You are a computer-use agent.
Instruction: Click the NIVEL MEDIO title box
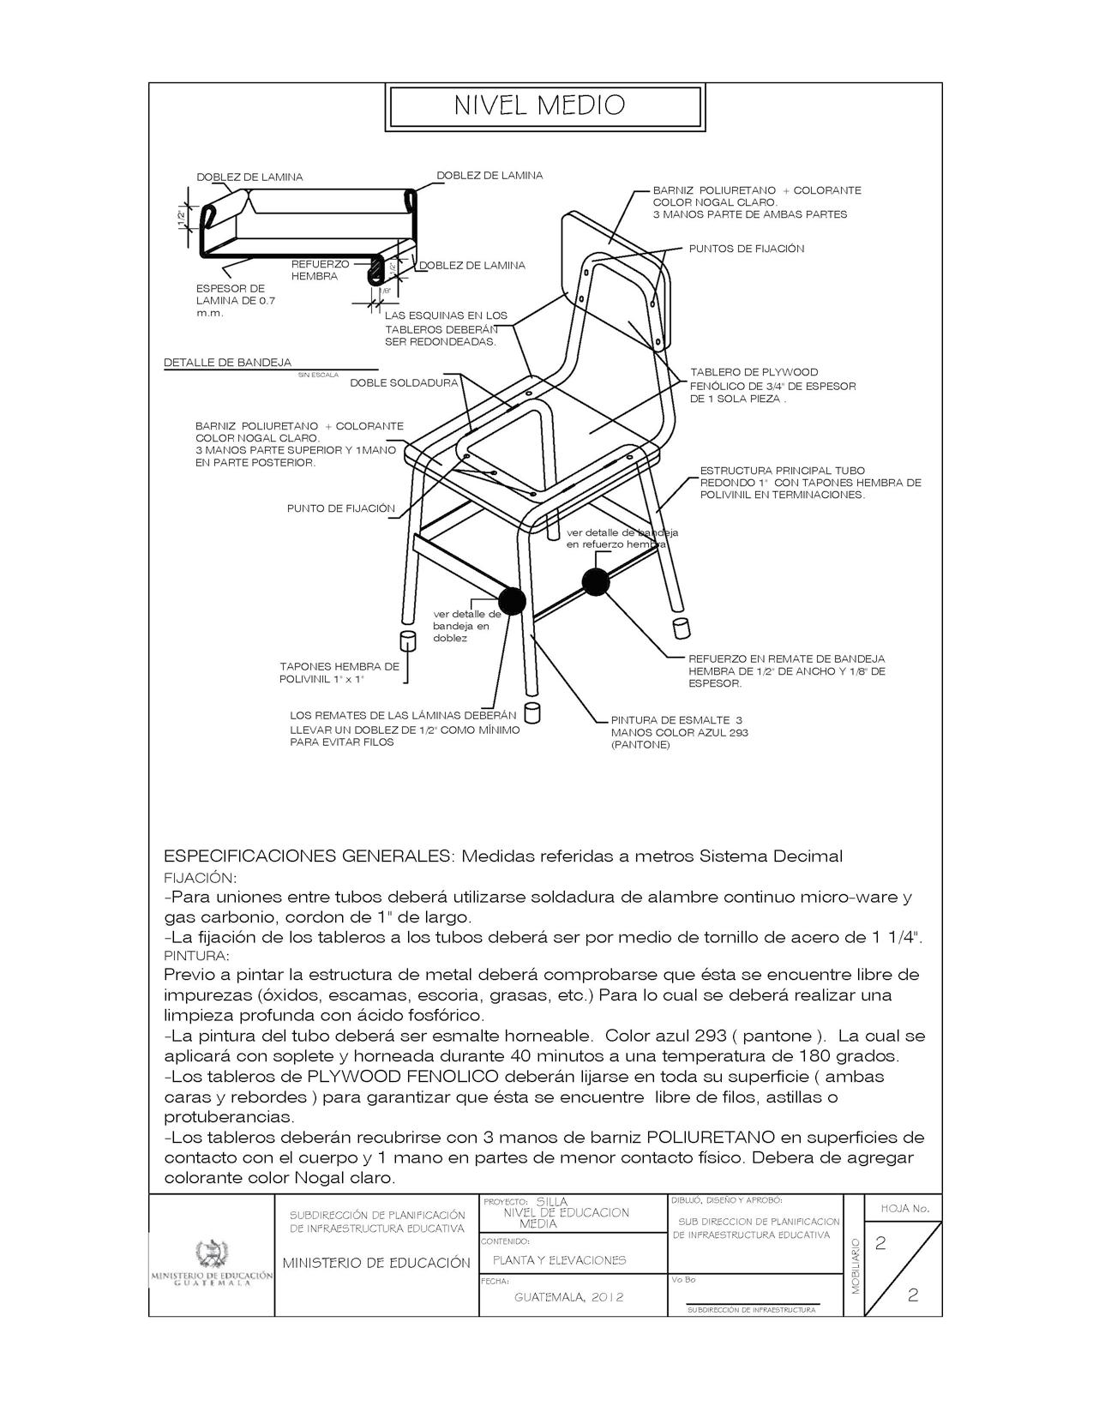click(546, 106)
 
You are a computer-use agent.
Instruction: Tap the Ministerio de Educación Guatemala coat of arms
click(211, 1253)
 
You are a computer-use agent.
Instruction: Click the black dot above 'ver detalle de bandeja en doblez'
click(511, 601)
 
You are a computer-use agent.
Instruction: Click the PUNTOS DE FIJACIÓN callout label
click(746, 249)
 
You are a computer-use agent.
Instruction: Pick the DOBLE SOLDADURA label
click(404, 382)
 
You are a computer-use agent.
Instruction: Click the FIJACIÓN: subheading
click(200, 878)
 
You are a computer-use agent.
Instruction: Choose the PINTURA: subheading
click(197, 955)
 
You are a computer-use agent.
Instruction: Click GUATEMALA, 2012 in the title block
click(569, 1297)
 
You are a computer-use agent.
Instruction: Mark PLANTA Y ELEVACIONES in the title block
click(559, 1260)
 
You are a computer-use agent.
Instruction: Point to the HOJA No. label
click(904, 1209)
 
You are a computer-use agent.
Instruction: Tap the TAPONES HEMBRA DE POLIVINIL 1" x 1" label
click(339, 672)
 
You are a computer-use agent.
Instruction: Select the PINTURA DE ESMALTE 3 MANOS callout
click(676, 732)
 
